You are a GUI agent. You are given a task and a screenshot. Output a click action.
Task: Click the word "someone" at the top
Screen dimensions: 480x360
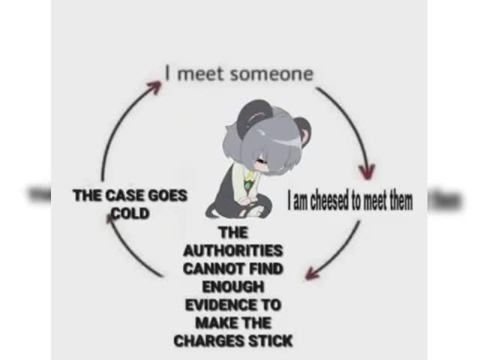tap(271, 74)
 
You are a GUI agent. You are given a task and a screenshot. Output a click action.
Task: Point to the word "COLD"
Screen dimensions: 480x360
tap(130, 213)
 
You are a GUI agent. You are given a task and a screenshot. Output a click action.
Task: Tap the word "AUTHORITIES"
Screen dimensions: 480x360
tap(233, 250)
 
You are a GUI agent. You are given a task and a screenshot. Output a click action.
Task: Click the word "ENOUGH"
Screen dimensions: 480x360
tap(233, 286)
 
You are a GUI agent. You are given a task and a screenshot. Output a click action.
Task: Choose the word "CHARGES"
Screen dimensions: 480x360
tap(208, 341)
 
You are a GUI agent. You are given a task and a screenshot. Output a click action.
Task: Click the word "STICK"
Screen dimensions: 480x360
tap(270, 341)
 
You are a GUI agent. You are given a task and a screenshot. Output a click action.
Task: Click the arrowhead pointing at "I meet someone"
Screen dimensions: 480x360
tap(155, 87)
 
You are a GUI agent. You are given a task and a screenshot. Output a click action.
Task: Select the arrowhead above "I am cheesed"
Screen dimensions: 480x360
tap(367, 172)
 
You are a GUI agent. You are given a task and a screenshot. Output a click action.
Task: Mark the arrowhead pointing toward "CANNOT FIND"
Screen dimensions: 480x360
tap(312, 273)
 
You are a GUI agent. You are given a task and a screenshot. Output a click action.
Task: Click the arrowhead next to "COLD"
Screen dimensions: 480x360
tap(110, 219)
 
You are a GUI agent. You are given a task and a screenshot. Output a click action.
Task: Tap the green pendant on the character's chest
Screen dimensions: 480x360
tap(247, 185)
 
